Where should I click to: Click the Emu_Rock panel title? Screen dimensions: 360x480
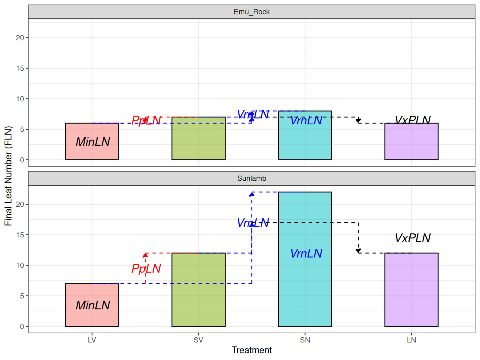[252, 12]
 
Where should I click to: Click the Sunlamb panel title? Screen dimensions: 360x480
[252, 178]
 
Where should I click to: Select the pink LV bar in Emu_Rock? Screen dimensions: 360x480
[92, 150]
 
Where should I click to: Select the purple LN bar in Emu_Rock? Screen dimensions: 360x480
[411, 144]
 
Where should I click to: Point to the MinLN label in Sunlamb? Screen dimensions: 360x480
[93, 305]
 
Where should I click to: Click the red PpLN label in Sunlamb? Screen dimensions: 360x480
[146, 269]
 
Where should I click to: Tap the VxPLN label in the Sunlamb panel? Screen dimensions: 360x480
[412, 238]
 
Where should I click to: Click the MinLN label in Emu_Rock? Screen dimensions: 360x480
[93, 142]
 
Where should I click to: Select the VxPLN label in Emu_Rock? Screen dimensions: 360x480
[412, 120]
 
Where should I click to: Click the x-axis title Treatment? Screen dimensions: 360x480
[252, 350]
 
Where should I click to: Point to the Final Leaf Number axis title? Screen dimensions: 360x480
[8, 176]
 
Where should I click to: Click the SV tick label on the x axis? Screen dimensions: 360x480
[198, 340]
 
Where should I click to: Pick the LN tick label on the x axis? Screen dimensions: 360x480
[411, 340]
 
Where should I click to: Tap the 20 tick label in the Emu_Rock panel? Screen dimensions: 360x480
[20, 38]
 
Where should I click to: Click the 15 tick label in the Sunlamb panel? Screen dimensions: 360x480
[20, 235]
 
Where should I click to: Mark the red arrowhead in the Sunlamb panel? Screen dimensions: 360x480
[145, 255]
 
